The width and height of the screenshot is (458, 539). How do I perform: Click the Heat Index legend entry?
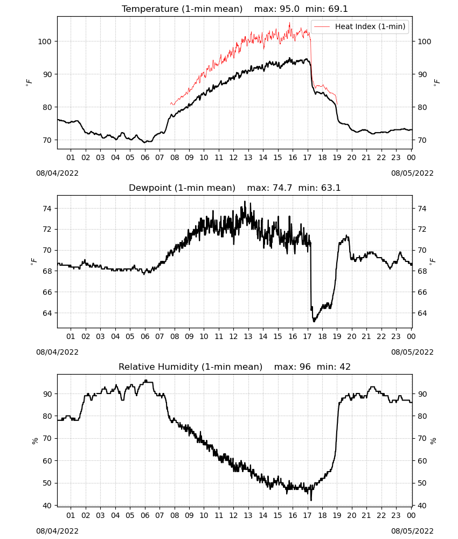(360, 26)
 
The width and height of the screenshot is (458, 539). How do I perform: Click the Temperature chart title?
(235, 9)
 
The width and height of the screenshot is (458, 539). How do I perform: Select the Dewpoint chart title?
(235, 188)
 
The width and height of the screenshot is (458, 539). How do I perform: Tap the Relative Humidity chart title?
(235, 367)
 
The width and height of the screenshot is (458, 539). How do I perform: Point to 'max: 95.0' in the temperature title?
(276, 9)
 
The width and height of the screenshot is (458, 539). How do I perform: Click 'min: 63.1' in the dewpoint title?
(319, 188)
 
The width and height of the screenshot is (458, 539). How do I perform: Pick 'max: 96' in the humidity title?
(293, 367)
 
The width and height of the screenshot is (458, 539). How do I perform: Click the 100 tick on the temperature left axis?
(45, 42)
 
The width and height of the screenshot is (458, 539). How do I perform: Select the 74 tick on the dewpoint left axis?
(47, 209)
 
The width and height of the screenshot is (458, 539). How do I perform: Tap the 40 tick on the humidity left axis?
(47, 506)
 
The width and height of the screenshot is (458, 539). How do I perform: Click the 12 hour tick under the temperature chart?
(234, 157)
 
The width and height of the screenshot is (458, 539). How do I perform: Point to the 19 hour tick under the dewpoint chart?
(337, 336)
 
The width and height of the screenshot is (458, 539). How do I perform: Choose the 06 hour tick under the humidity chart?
(145, 516)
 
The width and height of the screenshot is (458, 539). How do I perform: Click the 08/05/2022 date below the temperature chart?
(412, 173)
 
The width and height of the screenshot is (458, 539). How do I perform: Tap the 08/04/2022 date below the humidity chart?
(57, 531)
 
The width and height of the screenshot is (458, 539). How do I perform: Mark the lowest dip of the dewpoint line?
(314, 321)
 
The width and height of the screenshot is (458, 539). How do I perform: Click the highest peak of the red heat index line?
(290, 23)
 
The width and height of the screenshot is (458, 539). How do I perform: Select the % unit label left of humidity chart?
(34, 441)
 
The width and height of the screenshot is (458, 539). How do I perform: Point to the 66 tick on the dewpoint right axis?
(422, 292)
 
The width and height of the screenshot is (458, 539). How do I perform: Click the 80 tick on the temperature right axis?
(422, 107)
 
